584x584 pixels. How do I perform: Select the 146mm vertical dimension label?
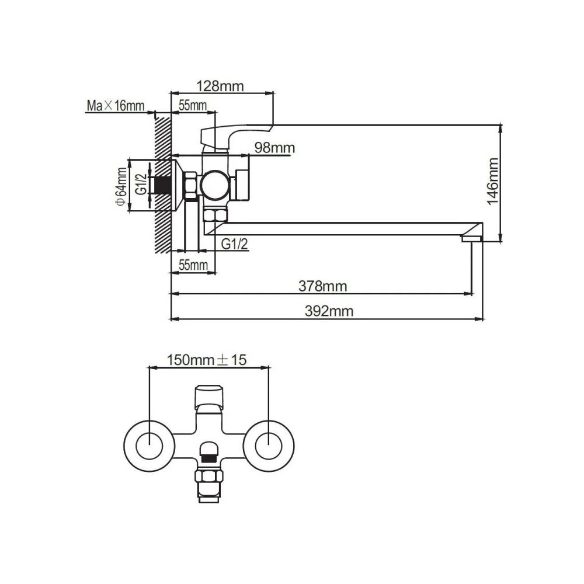494,179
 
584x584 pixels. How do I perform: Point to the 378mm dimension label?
322,286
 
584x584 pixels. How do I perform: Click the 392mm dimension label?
329,311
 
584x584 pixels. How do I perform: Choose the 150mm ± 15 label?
207,360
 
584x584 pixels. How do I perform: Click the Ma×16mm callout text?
115,106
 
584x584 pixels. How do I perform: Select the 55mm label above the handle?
193,106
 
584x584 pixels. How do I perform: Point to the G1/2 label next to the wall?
141,184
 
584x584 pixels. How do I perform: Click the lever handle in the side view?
234,133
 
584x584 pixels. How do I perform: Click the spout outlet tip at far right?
471,238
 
